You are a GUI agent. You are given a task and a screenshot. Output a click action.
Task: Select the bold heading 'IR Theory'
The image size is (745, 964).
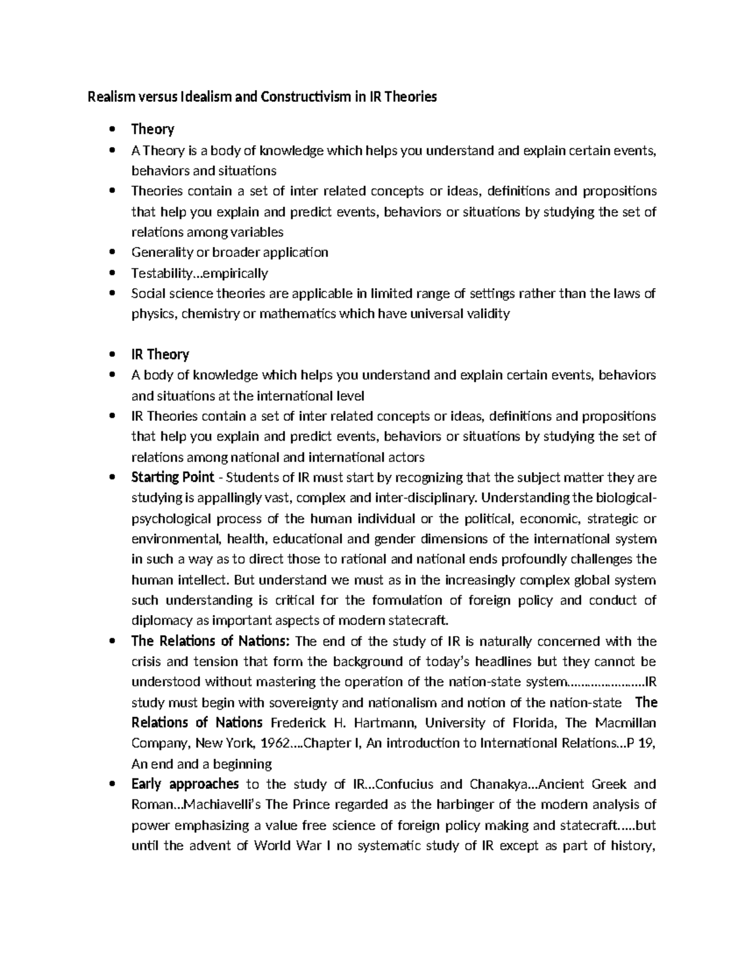click(160, 354)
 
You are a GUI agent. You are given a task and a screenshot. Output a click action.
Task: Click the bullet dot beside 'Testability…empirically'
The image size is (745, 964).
click(112, 273)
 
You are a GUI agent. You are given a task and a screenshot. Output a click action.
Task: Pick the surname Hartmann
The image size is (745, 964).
click(380, 723)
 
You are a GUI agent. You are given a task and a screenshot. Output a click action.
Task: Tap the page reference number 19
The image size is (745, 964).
click(648, 744)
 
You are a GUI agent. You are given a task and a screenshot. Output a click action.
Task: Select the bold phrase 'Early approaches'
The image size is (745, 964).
click(185, 784)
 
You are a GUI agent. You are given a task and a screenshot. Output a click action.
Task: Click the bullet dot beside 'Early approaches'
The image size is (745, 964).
click(112, 784)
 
